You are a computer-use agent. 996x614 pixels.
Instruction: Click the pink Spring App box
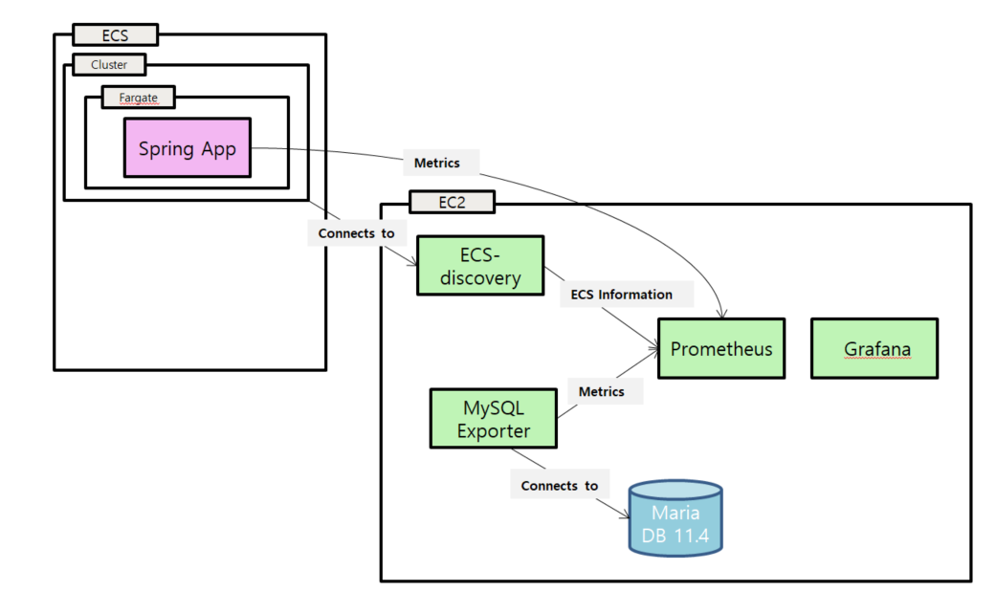[x=187, y=147]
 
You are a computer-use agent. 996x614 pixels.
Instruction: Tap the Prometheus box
[x=720, y=348]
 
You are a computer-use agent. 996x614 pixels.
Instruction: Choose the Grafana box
[x=874, y=348]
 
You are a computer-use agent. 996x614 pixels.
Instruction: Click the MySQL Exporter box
[x=493, y=418]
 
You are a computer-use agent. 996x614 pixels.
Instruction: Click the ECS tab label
[x=115, y=35]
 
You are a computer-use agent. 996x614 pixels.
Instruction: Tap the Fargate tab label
[x=138, y=97]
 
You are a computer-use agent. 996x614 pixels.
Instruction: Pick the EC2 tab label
[x=451, y=202]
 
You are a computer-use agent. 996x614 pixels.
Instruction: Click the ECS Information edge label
[x=621, y=295]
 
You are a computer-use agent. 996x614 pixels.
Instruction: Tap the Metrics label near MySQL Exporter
[x=601, y=391]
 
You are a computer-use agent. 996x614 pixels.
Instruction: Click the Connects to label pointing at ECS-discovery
[x=355, y=233]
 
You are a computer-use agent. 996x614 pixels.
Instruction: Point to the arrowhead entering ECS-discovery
[x=411, y=268]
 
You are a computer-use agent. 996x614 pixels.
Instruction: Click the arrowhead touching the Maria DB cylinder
[x=625, y=516]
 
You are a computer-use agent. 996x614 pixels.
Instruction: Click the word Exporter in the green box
[x=493, y=431]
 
